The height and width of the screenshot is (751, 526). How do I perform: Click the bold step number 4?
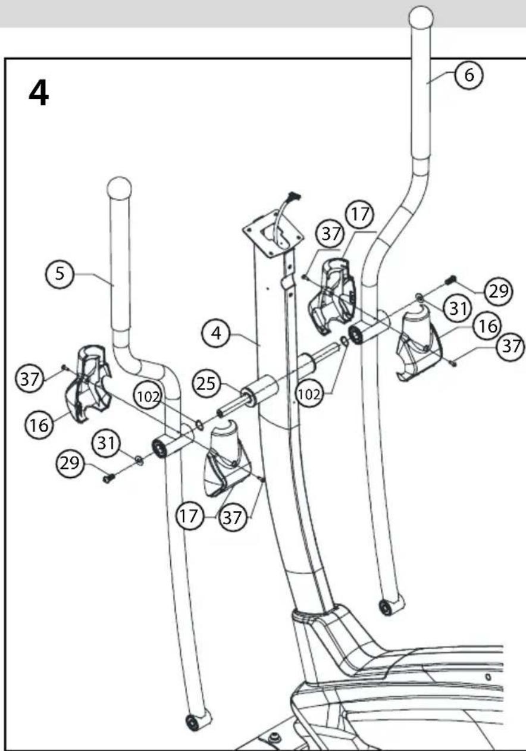pos(39,95)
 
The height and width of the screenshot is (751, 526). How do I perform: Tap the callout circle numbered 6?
pos(469,75)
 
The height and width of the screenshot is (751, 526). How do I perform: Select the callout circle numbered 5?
pos(60,274)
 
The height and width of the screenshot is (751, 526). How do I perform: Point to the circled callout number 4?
pos(216,334)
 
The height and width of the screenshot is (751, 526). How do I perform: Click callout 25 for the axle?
pos(206,384)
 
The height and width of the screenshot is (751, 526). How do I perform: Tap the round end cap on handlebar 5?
pos(119,189)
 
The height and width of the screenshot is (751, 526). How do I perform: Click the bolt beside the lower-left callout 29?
pos(109,478)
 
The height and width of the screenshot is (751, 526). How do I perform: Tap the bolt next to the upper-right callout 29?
pos(451,279)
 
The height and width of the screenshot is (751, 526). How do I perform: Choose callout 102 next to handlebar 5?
pos(148,397)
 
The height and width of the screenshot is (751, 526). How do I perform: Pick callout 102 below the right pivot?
pos(309,394)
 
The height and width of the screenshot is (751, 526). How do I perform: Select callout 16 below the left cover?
pos(39,425)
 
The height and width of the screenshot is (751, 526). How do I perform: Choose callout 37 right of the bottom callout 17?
pos(232,518)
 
